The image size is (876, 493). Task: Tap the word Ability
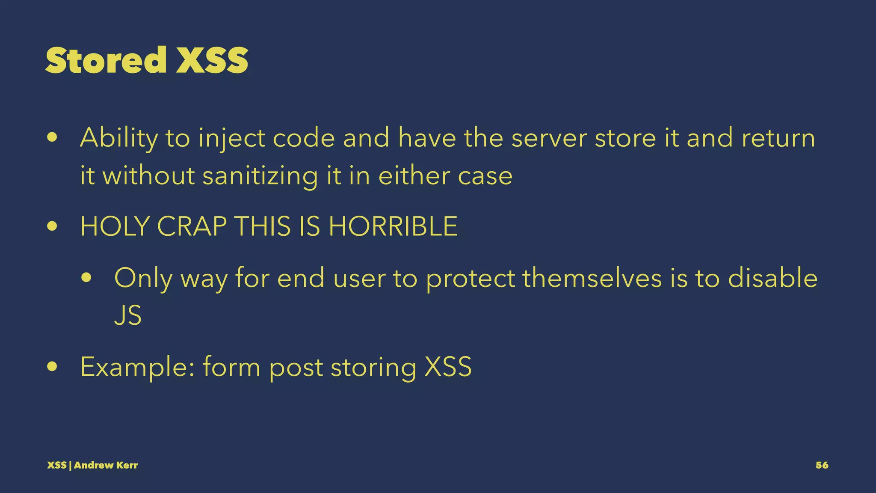[x=119, y=139]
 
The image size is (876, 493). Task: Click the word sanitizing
[x=260, y=176]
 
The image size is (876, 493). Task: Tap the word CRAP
[x=192, y=226]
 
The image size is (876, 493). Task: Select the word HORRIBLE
[x=393, y=226]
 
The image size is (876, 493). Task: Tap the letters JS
[x=127, y=316]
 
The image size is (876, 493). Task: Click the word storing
[x=373, y=367]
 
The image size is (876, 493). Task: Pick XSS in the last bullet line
[x=448, y=367]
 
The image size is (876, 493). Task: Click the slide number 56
[x=822, y=465]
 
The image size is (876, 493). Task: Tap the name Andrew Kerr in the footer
[x=106, y=465]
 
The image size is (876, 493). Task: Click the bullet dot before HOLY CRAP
[x=53, y=227]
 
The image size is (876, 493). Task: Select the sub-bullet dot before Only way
[x=86, y=279]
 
